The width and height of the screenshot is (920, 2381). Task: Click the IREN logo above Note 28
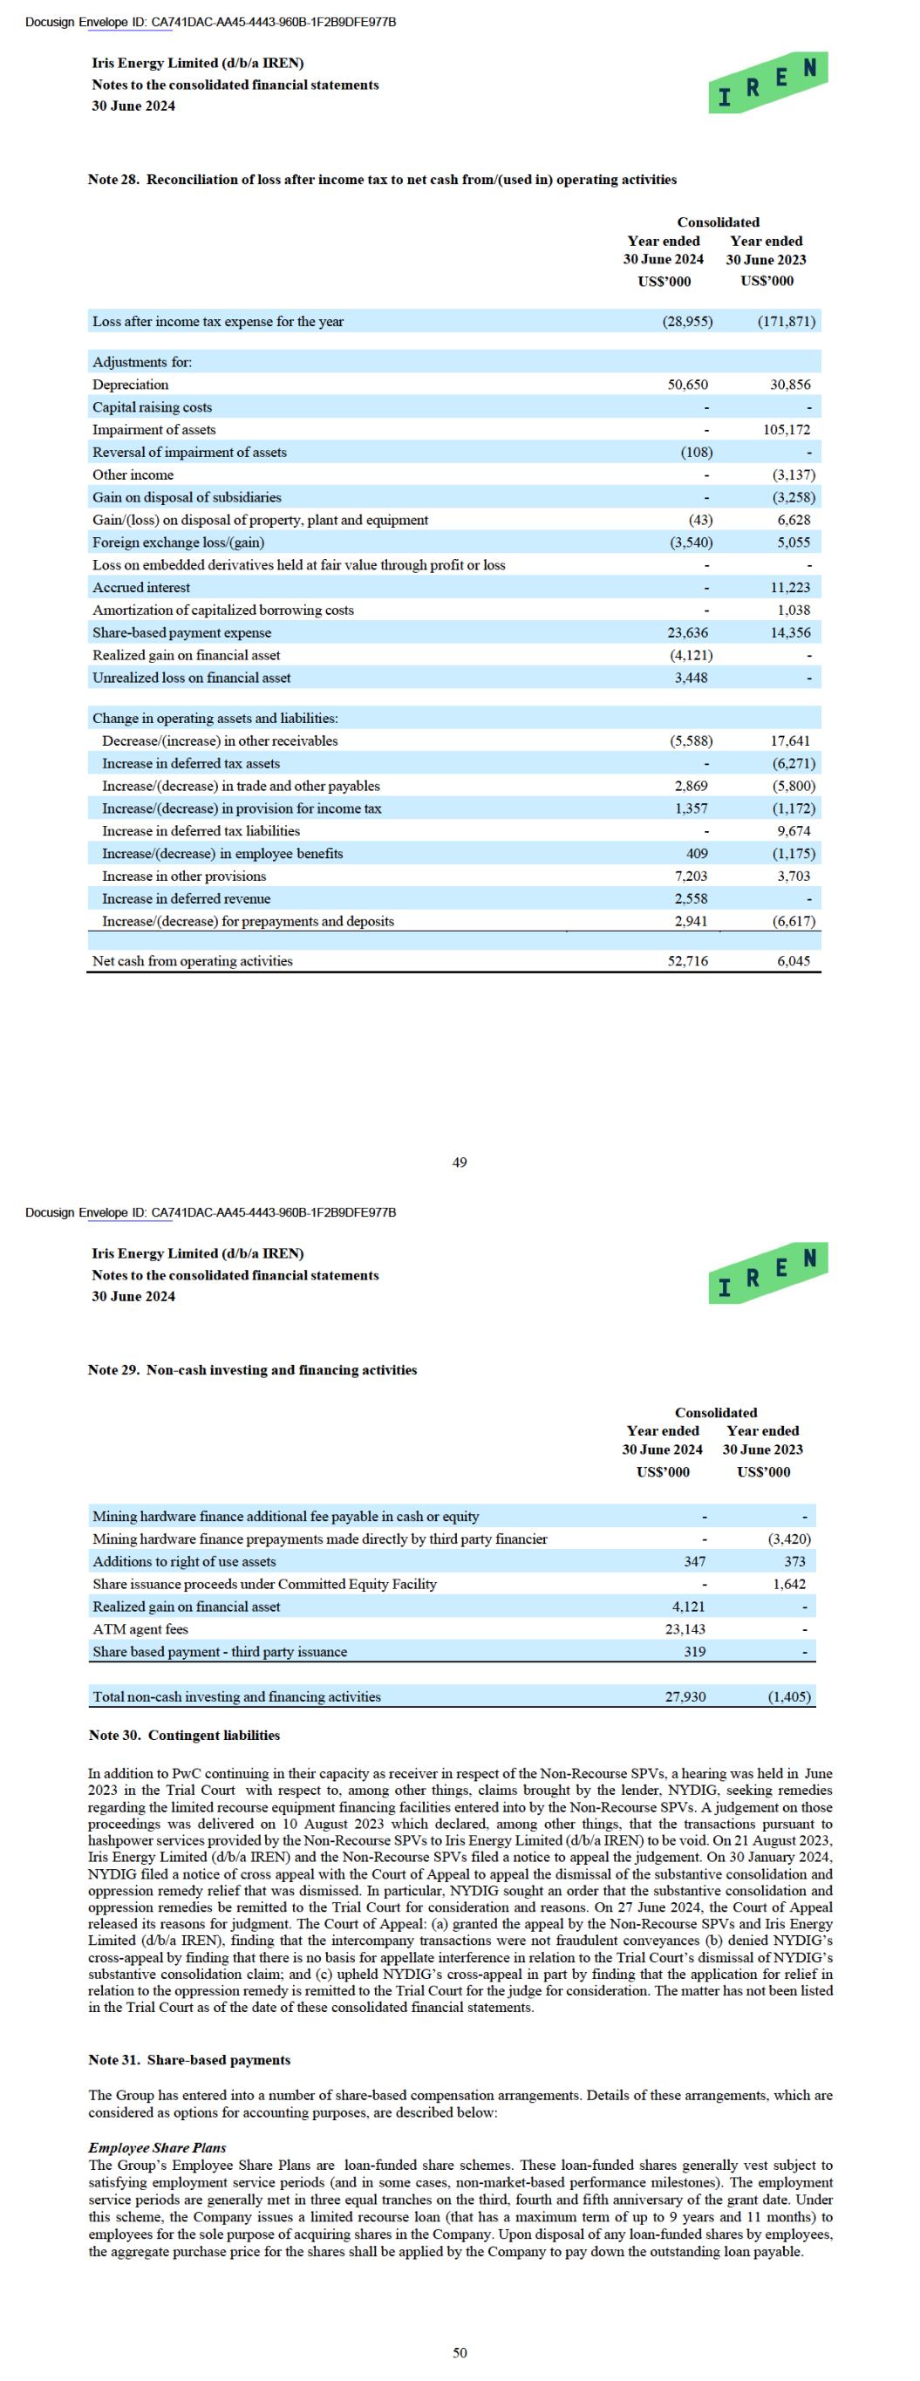pos(767,84)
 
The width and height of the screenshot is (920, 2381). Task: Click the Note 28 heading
pos(382,180)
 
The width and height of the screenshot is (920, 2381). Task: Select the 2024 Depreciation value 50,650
pos(688,385)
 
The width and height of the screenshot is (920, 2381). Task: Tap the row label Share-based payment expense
pos(182,633)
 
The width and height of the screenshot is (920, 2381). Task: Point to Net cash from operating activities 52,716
pos(688,961)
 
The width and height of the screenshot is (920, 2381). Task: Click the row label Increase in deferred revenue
pos(186,898)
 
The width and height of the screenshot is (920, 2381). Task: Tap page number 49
pos(460,1162)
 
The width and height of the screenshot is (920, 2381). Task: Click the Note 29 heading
pos(252,1370)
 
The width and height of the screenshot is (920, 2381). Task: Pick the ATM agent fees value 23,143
pos(685,1628)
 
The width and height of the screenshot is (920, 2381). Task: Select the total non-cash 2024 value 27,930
pos(685,1696)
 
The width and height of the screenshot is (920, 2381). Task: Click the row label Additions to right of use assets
pos(184,1561)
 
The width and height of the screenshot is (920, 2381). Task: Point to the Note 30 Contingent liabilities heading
pos(184,1735)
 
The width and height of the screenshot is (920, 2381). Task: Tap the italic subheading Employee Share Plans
pos(157,2147)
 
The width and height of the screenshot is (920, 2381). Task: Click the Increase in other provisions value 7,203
pos(691,877)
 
